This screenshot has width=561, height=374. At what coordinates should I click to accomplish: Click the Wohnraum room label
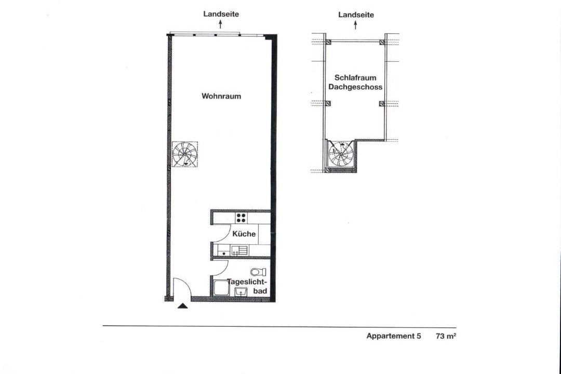tap(221, 96)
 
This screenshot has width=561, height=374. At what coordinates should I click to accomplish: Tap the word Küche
tap(244, 234)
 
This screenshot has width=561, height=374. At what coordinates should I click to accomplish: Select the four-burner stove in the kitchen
tap(241, 218)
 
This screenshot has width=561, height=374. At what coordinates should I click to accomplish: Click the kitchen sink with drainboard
tap(239, 250)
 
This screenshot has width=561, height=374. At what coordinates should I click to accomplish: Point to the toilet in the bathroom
tap(258, 272)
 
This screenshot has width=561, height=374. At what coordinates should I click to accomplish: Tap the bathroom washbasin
tap(241, 292)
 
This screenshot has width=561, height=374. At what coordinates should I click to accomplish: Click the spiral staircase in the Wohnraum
tap(184, 154)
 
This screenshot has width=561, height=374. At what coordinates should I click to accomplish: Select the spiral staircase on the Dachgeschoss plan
tap(341, 154)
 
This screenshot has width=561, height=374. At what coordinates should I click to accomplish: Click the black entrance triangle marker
tap(182, 306)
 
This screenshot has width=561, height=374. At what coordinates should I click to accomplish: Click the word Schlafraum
tap(350, 78)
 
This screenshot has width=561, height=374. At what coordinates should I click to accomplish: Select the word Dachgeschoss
tap(355, 87)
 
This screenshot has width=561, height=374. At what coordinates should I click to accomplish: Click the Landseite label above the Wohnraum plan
tap(221, 14)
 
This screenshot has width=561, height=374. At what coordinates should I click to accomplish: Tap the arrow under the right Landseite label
tap(355, 25)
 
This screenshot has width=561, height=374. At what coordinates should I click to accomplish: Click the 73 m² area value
tap(446, 336)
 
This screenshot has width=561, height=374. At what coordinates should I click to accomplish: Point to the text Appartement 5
tap(394, 336)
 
